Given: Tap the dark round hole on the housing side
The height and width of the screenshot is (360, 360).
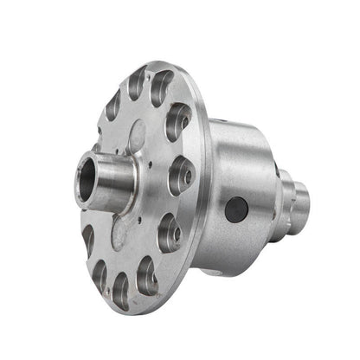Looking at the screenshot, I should tap(235, 209).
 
